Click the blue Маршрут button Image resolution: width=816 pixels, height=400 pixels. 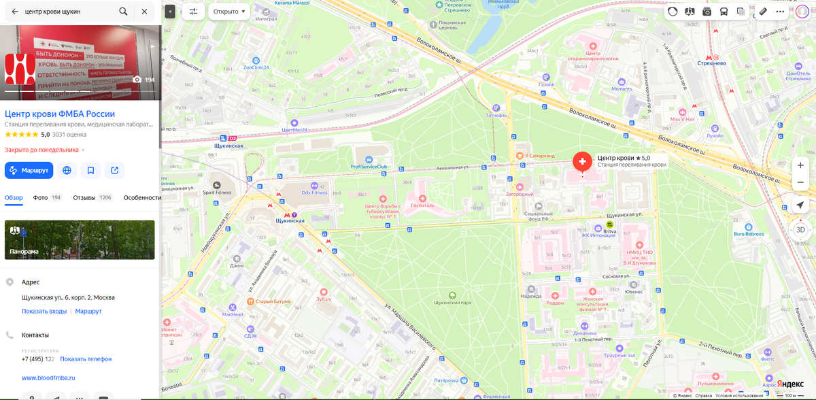click(29, 170)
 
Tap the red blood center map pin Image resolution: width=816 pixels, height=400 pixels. click(582, 162)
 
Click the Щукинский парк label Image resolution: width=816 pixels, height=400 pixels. click(452, 301)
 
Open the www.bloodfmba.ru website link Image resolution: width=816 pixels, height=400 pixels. click(48, 378)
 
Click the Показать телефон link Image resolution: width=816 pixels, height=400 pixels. click(86, 359)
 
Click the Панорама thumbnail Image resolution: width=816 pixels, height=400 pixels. click(80, 239)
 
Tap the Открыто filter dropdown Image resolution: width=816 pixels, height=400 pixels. click(228, 12)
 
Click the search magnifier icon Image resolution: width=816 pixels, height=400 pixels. click(123, 12)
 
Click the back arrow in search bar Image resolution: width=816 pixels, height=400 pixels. click(15, 12)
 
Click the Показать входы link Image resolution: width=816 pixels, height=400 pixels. click(44, 311)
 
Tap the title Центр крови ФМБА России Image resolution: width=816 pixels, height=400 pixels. click(60, 114)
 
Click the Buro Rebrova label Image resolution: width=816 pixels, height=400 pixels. click(748, 234)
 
